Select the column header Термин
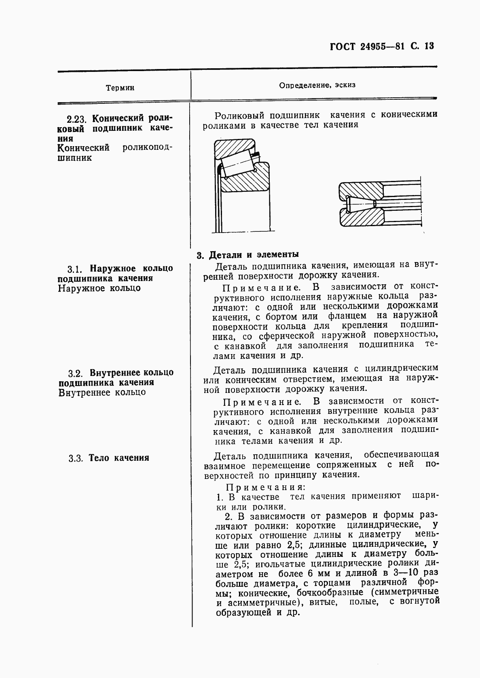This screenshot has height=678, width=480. coord(120,88)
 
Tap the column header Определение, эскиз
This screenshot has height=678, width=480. coord(317,85)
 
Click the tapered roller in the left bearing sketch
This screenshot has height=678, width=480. coord(239,164)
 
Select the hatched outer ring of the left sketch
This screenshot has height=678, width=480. coord(235,148)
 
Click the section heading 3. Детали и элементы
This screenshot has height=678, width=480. coord(247,255)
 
